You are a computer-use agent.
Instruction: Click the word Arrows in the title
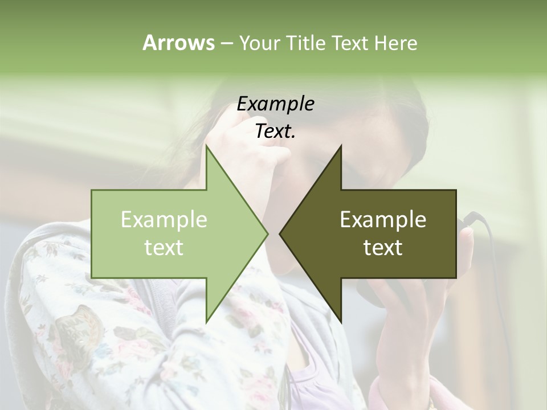point(178,43)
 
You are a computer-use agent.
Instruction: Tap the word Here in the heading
point(395,43)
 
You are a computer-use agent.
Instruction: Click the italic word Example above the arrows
point(275,104)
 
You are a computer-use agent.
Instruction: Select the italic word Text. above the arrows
point(275,132)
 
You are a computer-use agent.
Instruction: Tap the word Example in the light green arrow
point(164,219)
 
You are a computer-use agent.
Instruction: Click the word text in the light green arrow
point(164,247)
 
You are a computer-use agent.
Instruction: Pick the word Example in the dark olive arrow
point(383,219)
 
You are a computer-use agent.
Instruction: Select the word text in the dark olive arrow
point(383,247)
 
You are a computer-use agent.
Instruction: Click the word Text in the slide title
point(350,43)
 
